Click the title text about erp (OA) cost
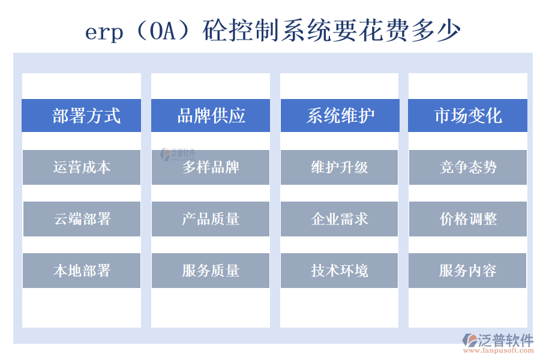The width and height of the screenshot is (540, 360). pos(273,31)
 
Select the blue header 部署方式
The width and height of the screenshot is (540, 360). pos(82,115)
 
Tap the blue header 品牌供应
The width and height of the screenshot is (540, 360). pos(211,115)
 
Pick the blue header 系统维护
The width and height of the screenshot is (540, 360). pos(340,115)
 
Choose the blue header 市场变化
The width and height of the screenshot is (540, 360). pos(468,115)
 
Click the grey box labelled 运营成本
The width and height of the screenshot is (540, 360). pos(82,167)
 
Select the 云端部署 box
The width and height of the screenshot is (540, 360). pos(82,219)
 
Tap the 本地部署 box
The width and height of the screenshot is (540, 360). pos(82,271)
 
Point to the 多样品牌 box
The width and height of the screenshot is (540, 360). pos(211,167)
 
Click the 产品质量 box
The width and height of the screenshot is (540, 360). pos(211,219)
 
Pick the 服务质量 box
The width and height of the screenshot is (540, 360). pos(211,271)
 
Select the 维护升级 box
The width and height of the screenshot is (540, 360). pos(340,167)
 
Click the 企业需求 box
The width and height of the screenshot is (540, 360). pos(340,219)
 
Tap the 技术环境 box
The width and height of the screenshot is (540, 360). pos(340,271)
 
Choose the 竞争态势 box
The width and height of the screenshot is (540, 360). pos(468,167)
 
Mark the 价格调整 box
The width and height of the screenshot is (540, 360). pos(468,219)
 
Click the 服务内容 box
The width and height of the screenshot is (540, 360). pos(468,271)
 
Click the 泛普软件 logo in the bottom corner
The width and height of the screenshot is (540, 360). pos(498,340)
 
